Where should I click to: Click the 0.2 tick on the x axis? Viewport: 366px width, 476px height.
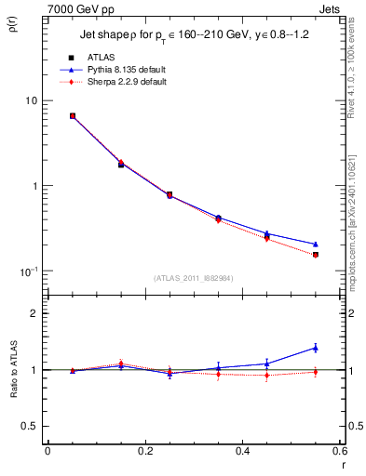coord(144,451)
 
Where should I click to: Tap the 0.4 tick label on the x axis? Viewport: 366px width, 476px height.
coord(242,451)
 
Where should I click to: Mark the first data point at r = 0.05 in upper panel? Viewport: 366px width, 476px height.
coord(73,116)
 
